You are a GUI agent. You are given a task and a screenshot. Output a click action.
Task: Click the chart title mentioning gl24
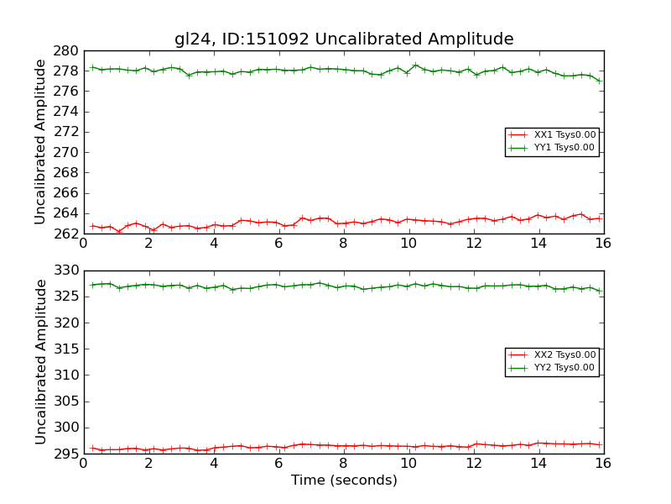coord(344,39)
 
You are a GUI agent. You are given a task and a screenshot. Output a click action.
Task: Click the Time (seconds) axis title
coord(344,480)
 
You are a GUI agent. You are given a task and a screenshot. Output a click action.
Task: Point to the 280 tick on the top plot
coord(68,50)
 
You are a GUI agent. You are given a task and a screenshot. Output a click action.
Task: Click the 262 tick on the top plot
coord(68,234)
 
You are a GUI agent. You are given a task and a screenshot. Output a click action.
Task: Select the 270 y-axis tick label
coord(68,152)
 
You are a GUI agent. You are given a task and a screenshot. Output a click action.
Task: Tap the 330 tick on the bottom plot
coord(68,270)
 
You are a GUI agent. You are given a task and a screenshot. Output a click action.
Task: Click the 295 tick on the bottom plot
coord(68,454)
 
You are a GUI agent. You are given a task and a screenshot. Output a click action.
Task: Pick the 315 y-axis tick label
coord(68,349)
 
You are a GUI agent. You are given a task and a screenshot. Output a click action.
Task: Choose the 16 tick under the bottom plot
coord(603,464)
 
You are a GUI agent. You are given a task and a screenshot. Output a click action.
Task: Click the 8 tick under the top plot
coord(343,244)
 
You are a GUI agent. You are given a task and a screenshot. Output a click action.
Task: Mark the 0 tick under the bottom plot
coord(83,464)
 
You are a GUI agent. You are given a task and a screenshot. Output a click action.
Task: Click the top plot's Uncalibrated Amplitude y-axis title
coord(40,142)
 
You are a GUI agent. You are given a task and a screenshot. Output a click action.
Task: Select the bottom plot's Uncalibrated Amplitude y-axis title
coord(40,362)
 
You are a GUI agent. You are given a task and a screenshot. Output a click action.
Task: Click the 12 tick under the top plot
coord(473,244)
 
